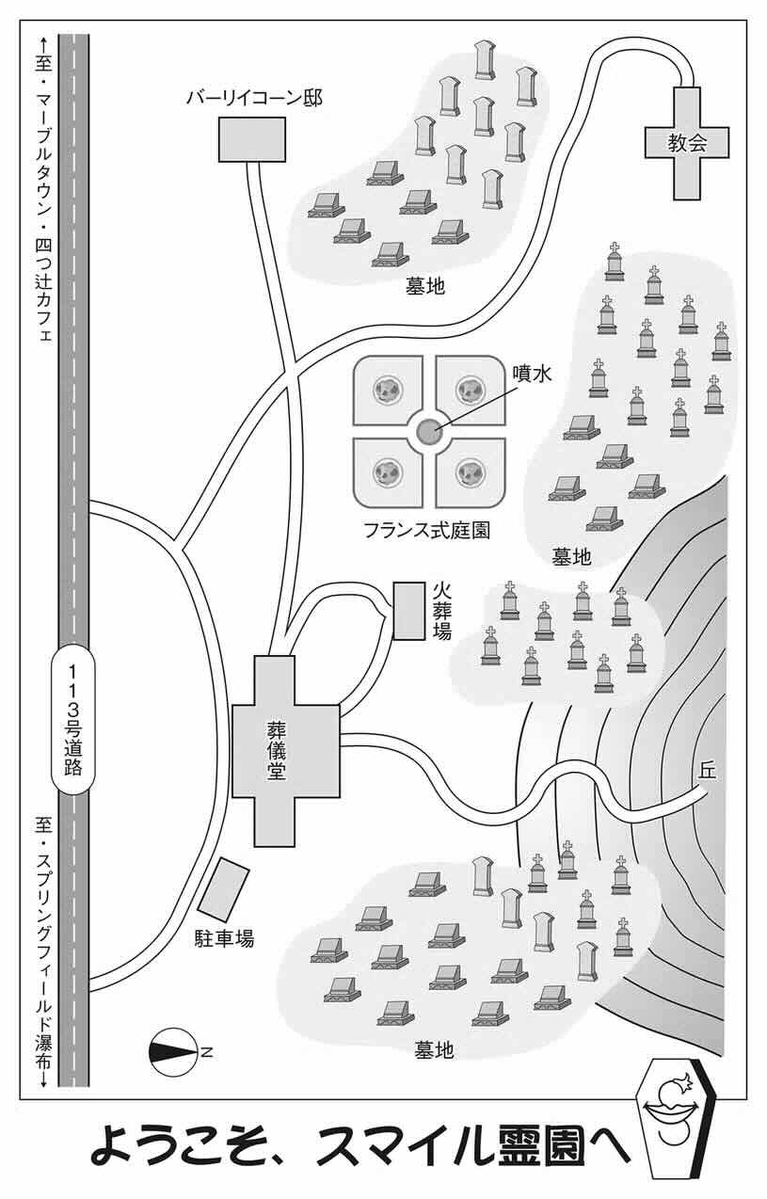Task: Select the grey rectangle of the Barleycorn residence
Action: pyautogui.click(x=252, y=138)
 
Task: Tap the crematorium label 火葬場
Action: pyautogui.click(x=441, y=610)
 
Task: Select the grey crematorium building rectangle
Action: pyautogui.click(x=408, y=611)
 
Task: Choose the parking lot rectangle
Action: pyautogui.click(x=224, y=889)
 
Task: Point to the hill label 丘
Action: pyautogui.click(x=708, y=770)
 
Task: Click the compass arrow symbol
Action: pyautogui.click(x=172, y=1049)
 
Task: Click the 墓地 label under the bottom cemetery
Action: pyautogui.click(x=434, y=1049)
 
